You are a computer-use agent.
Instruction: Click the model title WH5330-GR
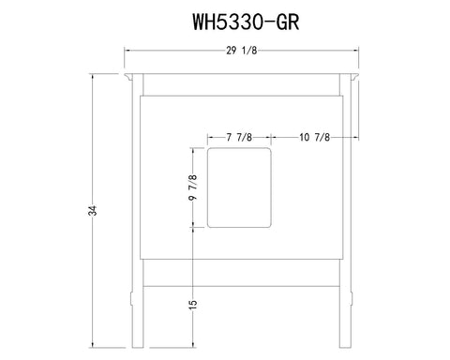246,22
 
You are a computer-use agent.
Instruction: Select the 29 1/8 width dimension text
242,51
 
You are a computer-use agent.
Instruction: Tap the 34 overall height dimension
93,210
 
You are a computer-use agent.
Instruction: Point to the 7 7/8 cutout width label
239,137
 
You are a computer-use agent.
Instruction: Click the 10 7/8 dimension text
314,137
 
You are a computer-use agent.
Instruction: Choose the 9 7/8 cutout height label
193,187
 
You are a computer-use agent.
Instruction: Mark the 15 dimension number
193,305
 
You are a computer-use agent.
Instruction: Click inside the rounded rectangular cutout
239,187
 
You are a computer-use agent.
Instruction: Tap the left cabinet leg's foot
138,345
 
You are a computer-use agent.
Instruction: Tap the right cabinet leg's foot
345,345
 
